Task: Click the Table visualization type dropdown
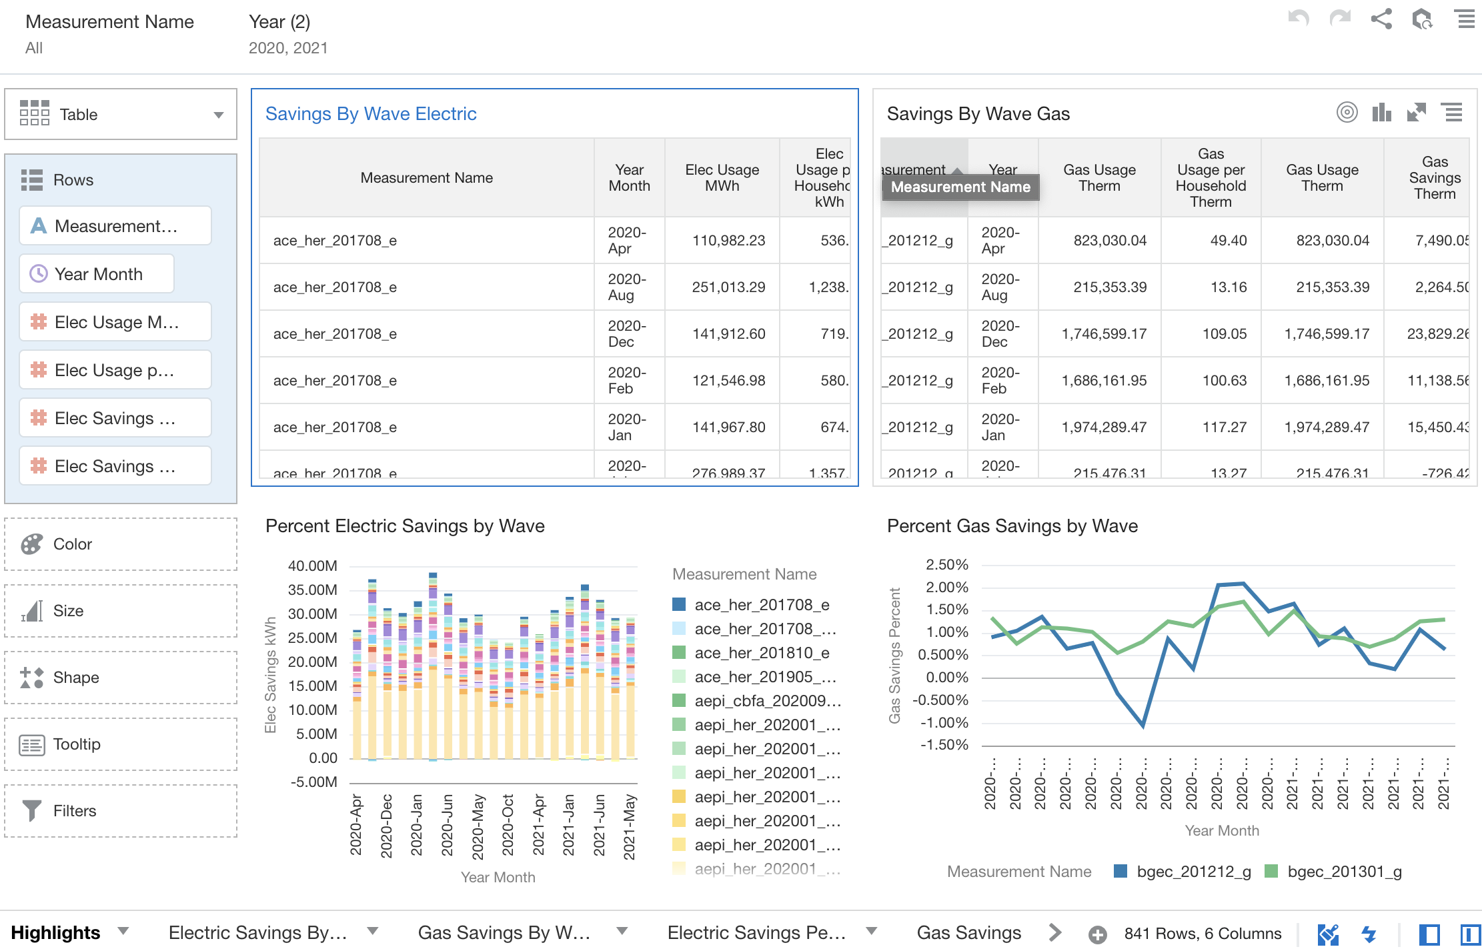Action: click(x=121, y=115)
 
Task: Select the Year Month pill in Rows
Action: click(x=97, y=274)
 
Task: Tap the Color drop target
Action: click(x=121, y=544)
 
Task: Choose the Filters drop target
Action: click(x=121, y=811)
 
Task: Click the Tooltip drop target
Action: click(x=121, y=744)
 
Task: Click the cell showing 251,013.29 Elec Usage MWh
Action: click(x=728, y=287)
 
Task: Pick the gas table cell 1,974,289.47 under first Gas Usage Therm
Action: click(x=1104, y=427)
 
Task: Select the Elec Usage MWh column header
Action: click(x=722, y=178)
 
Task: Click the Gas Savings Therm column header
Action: click(x=1434, y=178)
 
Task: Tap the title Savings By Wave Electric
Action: click(x=371, y=114)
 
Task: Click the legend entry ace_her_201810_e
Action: click(x=762, y=653)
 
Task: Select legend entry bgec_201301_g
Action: click(x=1344, y=872)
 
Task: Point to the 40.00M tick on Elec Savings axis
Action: click(x=312, y=566)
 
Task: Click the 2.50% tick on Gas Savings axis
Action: click(x=946, y=565)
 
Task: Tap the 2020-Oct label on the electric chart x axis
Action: click(x=508, y=825)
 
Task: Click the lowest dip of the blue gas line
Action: click(x=1143, y=726)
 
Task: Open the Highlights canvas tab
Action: click(x=56, y=932)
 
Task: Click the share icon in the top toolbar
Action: click(x=1381, y=19)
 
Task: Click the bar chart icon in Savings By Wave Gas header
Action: click(x=1381, y=113)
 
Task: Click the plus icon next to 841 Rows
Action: click(x=1097, y=934)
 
